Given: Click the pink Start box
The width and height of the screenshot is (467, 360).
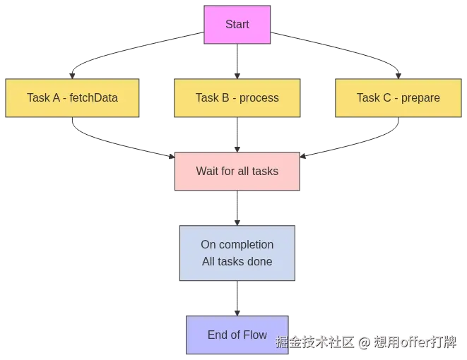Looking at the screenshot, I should click(x=237, y=25).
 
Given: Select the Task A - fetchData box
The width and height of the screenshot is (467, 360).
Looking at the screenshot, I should click(x=72, y=97).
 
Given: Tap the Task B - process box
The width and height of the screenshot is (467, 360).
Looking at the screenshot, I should click(x=237, y=97).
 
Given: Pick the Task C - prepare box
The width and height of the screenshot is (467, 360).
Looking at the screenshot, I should click(x=398, y=97).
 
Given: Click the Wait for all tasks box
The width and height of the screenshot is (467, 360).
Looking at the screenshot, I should click(x=237, y=171).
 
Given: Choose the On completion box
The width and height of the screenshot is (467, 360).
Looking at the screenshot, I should click(x=237, y=252).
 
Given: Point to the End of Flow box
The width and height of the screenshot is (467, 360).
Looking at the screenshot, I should click(x=237, y=335).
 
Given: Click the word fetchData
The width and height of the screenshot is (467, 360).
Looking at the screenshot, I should click(x=93, y=97).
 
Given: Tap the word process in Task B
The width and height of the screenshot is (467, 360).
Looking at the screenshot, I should click(x=259, y=97).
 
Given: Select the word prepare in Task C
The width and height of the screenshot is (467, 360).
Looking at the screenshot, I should click(x=420, y=97).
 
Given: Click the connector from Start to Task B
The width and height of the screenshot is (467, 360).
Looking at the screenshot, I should click(x=237, y=60).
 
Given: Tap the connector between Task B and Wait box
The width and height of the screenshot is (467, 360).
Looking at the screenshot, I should click(x=237, y=134).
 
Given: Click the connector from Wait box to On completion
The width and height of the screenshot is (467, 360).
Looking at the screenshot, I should click(x=237, y=207).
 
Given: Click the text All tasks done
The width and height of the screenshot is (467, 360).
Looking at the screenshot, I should click(x=237, y=261).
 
